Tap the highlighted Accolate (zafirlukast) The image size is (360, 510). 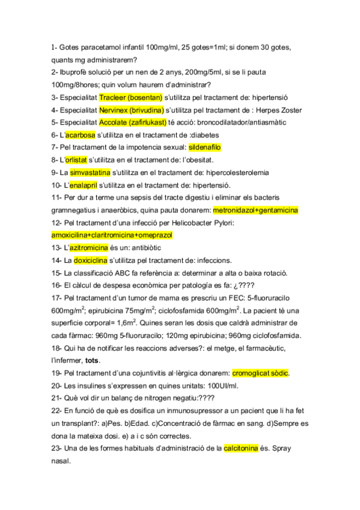point(133,122)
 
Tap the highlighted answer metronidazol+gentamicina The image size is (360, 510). point(255,210)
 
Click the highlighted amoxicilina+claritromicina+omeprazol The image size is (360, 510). point(112,235)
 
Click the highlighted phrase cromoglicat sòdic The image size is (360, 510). point(260,373)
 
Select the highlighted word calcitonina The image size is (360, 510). point(240,448)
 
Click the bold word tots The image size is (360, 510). point(93,360)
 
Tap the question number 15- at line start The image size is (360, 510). point(57,273)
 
